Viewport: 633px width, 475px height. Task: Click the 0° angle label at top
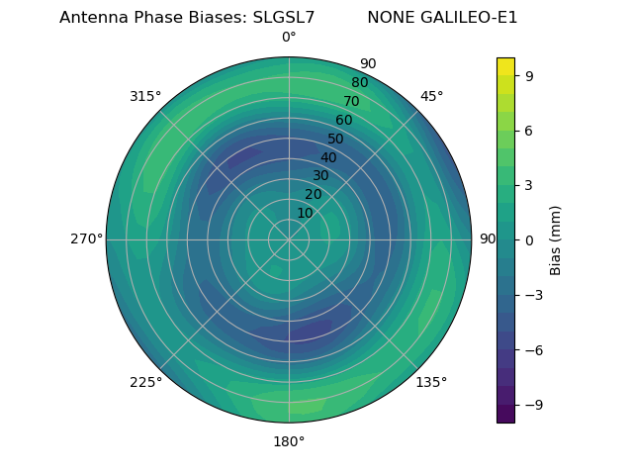click(x=289, y=38)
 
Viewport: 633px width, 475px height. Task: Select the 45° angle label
click(x=431, y=96)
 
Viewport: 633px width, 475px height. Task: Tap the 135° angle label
click(x=431, y=382)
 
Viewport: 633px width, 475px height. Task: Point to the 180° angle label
click(x=289, y=441)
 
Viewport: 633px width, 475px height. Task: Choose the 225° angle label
click(x=145, y=382)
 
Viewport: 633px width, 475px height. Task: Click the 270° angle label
click(x=86, y=239)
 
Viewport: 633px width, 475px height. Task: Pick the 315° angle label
click(x=145, y=96)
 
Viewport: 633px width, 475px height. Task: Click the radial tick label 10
click(x=305, y=213)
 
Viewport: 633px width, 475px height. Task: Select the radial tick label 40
click(x=328, y=157)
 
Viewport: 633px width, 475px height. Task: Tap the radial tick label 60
click(x=344, y=121)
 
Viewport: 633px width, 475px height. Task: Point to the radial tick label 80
click(x=359, y=83)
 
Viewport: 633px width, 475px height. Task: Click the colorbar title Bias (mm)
click(x=556, y=240)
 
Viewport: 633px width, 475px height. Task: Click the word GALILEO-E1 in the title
click(x=471, y=18)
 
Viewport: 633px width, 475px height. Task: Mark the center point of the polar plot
click(x=289, y=239)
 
